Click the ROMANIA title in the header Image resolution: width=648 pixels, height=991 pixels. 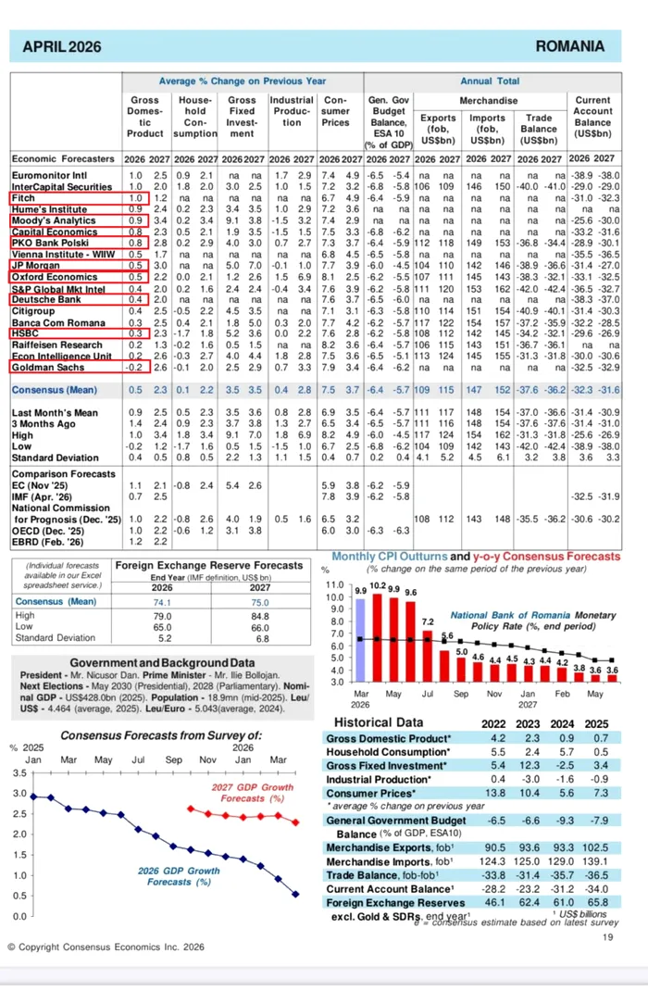569,47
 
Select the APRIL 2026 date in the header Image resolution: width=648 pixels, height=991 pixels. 62,47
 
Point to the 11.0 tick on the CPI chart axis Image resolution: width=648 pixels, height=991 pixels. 333,586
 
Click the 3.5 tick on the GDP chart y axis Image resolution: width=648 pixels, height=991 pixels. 20,771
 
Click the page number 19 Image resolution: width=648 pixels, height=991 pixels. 608,937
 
